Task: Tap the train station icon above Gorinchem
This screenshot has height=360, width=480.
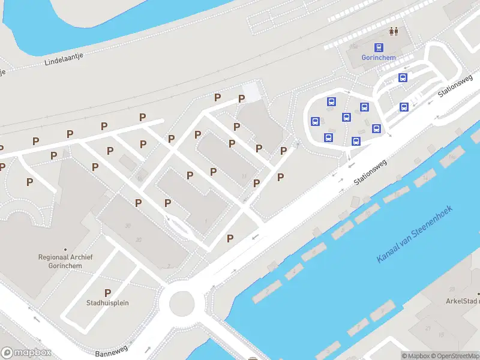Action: pos(379,47)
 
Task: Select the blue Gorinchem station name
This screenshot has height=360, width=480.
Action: pos(379,58)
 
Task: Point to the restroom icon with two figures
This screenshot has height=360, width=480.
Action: pos(394,31)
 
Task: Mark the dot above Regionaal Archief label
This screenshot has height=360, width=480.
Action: pos(65,249)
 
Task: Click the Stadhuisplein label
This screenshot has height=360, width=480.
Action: pos(107,303)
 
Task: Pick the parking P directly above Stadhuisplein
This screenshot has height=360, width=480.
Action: pos(107,293)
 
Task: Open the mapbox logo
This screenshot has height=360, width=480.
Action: pos(26,353)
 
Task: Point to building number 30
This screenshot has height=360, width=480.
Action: pos(128,226)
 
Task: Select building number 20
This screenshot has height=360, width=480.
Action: pos(139,240)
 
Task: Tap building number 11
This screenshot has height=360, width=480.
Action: pos(244,176)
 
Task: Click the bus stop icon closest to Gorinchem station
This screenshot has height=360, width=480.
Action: pos(403,77)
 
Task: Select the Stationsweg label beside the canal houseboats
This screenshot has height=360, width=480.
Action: pos(371,172)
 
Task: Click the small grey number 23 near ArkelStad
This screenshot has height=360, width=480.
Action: pos(428,328)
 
